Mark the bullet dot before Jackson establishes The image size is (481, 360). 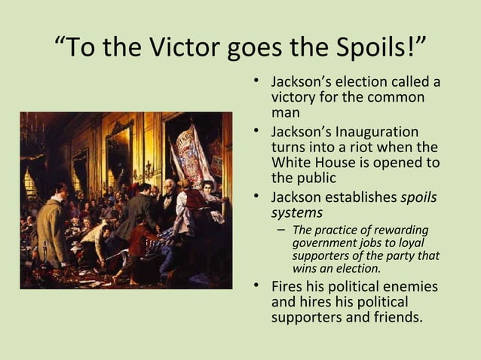257,197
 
